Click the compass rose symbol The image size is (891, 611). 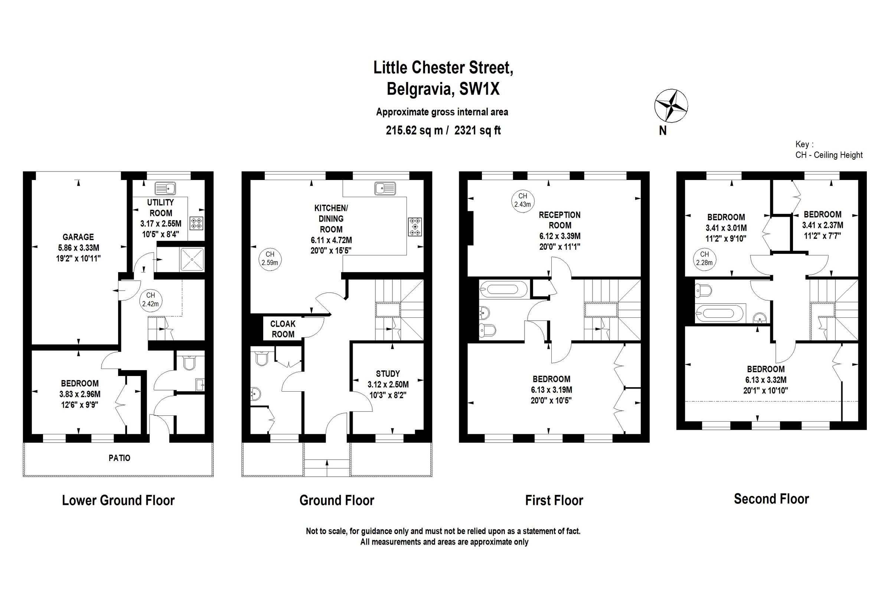(671, 106)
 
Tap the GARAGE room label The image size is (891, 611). (78, 237)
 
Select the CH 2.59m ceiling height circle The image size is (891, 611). (270, 258)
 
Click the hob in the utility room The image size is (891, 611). (197, 223)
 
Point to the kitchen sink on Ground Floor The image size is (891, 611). (385, 189)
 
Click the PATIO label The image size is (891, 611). (119, 458)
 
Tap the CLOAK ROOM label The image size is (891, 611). (283, 329)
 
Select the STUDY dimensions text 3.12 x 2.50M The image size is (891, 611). (388, 385)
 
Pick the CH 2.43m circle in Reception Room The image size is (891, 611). (523, 200)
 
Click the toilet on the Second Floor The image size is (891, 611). (704, 291)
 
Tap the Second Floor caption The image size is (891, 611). (771, 499)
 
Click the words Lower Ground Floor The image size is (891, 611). (118, 500)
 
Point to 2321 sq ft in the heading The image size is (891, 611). (477, 131)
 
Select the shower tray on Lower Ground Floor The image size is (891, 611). (192, 259)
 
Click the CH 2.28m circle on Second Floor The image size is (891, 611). (704, 258)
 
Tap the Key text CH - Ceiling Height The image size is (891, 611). (829, 155)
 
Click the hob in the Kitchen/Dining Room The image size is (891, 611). (415, 226)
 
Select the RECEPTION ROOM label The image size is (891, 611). (560, 220)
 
